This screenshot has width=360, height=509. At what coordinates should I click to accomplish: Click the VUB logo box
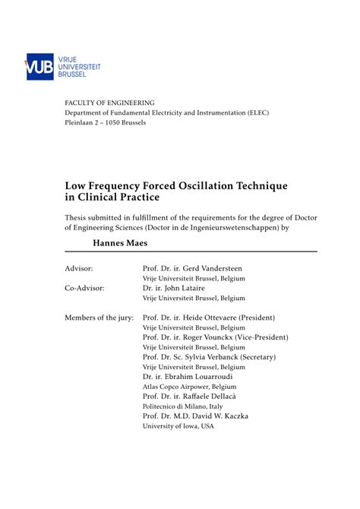click(40, 67)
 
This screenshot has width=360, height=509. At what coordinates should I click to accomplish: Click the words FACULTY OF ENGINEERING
click(109, 103)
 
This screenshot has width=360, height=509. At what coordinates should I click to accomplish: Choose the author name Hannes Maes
click(122, 243)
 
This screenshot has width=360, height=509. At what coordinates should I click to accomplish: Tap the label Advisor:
click(79, 268)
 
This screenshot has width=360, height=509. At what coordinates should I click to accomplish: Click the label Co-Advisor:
click(84, 288)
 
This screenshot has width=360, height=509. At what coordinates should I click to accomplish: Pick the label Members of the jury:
click(99, 318)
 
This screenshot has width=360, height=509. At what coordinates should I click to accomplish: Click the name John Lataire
click(201, 288)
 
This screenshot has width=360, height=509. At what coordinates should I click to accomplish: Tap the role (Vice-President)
click(257, 337)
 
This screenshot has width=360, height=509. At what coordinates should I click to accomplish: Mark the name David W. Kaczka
click(232, 416)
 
